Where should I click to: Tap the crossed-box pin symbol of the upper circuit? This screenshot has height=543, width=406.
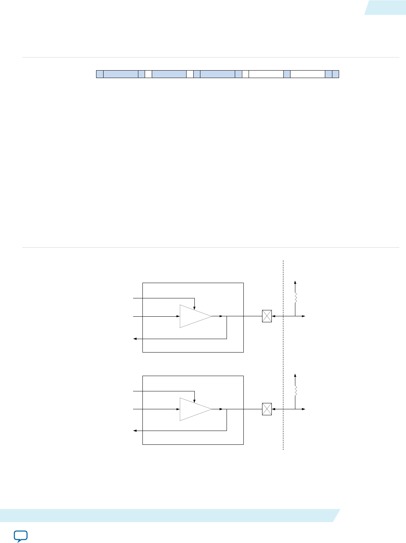pos(267,316)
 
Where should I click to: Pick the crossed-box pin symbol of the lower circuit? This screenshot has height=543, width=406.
pos(267,409)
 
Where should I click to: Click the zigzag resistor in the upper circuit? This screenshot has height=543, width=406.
pos(295,298)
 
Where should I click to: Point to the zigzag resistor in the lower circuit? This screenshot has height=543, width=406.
pos(295,391)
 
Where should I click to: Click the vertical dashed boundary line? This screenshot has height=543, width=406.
pos(283,355)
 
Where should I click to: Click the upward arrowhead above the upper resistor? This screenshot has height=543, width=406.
pos(295,282)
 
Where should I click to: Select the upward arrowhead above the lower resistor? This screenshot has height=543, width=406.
pos(295,375)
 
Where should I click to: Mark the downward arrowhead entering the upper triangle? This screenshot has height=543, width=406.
pos(194,307)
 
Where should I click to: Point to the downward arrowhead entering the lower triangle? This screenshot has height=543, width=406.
pos(194,400)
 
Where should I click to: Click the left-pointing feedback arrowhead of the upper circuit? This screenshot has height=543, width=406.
pos(135,339)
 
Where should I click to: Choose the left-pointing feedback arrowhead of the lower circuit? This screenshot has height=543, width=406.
pos(135,431)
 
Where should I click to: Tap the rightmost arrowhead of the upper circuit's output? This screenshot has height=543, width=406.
pos(304,316)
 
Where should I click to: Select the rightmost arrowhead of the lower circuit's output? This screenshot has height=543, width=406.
pos(304,409)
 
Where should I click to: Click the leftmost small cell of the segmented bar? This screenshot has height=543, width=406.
pos(99,74)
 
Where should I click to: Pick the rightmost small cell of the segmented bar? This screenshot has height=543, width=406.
pos(335,74)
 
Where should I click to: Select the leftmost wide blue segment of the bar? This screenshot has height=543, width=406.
pos(120,74)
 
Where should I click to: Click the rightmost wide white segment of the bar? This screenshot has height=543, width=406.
pos(307,74)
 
